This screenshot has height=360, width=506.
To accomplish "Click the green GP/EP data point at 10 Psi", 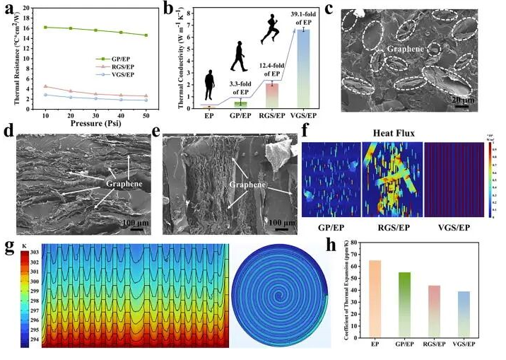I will point(46,28).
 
